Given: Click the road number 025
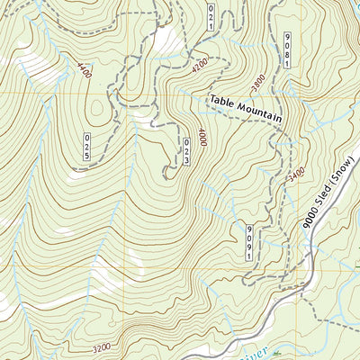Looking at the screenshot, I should [88, 147].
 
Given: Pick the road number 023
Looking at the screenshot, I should [187, 149].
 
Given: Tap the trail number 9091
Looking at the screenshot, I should [249, 243].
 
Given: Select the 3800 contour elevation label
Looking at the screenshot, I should [259, 84].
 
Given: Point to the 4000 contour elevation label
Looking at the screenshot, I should [203, 138].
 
